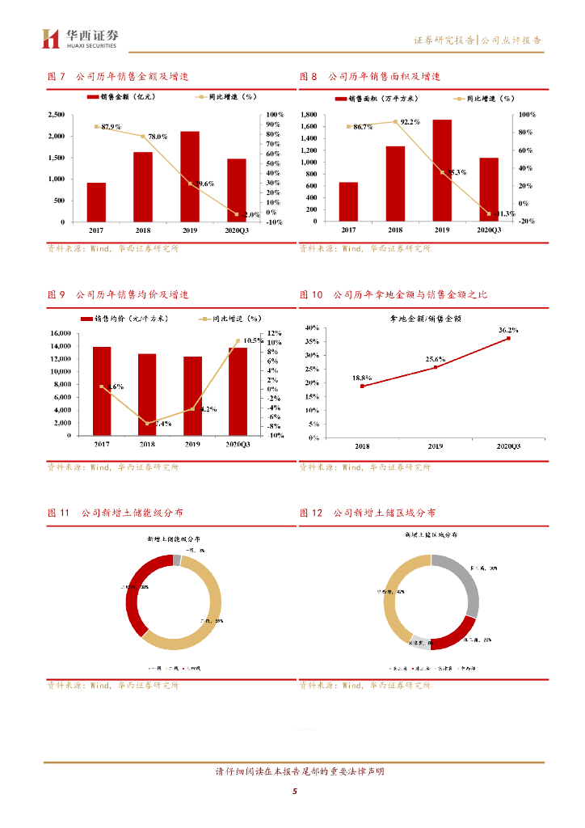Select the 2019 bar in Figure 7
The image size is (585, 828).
click(190, 176)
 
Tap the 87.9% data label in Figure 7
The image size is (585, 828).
click(111, 127)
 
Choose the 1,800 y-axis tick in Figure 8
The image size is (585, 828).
click(309, 115)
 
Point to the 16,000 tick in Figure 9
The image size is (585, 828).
click(60, 333)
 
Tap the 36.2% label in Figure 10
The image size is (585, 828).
click(508, 331)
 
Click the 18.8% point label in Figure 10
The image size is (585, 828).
click(362, 378)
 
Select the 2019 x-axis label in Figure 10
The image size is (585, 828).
click(435, 446)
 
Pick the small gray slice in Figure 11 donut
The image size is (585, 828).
click(177, 560)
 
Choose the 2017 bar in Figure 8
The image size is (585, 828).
click(348, 201)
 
